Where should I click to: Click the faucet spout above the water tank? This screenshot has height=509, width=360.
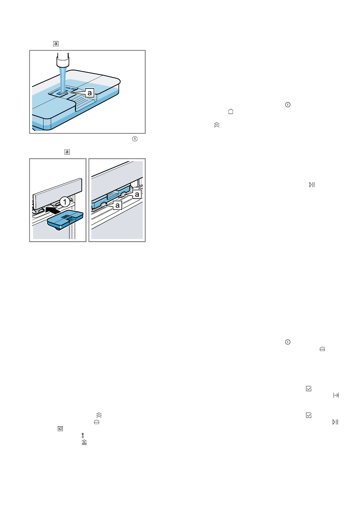click(63, 60)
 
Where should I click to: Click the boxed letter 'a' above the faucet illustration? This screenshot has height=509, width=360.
click(56, 44)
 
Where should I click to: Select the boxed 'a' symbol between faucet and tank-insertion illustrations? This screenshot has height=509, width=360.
click(67, 152)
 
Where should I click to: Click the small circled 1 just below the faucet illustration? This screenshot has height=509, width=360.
click(135, 139)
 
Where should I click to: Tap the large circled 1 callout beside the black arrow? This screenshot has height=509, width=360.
click(65, 202)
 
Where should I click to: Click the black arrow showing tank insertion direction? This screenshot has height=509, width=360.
click(53, 209)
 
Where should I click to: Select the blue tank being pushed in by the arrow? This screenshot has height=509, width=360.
click(65, 220)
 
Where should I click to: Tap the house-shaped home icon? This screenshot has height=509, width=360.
click(231, 111)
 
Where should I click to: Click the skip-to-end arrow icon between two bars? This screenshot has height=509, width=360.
click(336, 395)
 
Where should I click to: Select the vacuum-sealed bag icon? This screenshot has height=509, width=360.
click(60, 429)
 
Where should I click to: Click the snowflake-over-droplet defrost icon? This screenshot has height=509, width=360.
click(83, 435)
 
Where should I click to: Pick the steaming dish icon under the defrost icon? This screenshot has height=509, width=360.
click(84, 442)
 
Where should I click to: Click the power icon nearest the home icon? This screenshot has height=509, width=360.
click(288, 105)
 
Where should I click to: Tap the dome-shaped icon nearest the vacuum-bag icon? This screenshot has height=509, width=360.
click(97, 422)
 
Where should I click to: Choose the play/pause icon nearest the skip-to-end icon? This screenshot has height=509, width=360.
click(336, 422)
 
